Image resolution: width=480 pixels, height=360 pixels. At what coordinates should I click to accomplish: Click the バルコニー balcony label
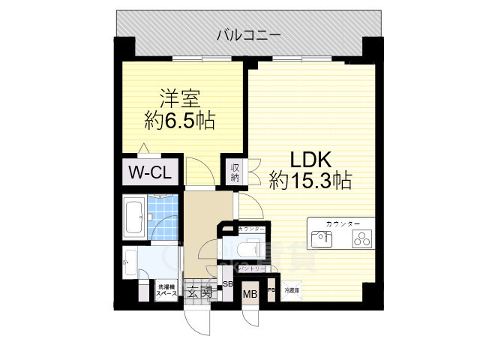coord(249,34)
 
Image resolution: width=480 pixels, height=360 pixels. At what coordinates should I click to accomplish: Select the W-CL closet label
coord(151,172)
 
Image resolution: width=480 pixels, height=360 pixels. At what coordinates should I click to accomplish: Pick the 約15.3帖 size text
coord(310,181)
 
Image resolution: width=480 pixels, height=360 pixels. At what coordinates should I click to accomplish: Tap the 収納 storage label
coord(234,172)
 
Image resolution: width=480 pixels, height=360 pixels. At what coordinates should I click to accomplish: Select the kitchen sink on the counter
coord(322,239)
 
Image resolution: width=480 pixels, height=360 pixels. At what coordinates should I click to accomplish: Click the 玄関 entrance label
coord(199,291)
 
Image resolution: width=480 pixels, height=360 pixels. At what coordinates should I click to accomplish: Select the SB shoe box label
coord(228,285)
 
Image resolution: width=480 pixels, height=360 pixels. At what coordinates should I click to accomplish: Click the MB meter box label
coord(249,294)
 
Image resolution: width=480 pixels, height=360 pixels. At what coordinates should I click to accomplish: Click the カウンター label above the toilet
coord(250,228)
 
